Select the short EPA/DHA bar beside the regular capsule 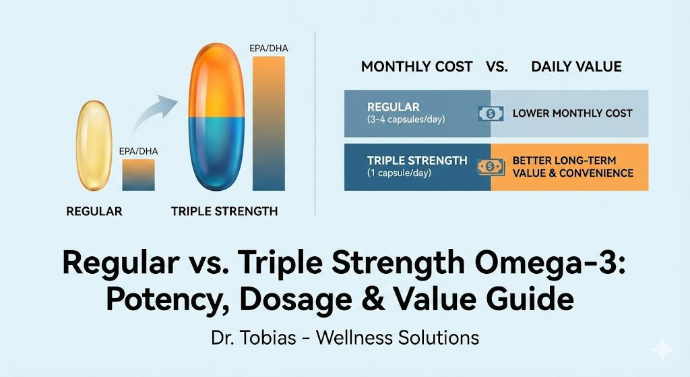[138, 175]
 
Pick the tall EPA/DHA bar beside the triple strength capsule [269, 123]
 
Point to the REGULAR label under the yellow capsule [94, 211]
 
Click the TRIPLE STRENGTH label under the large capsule [224, 211]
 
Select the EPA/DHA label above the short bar [137, 151]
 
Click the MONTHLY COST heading [416, 67]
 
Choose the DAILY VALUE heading [576, 67]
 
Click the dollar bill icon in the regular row [491, 113]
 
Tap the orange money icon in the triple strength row [491, 167]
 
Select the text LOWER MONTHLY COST [572, 113]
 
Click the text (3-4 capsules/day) [406, 120]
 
